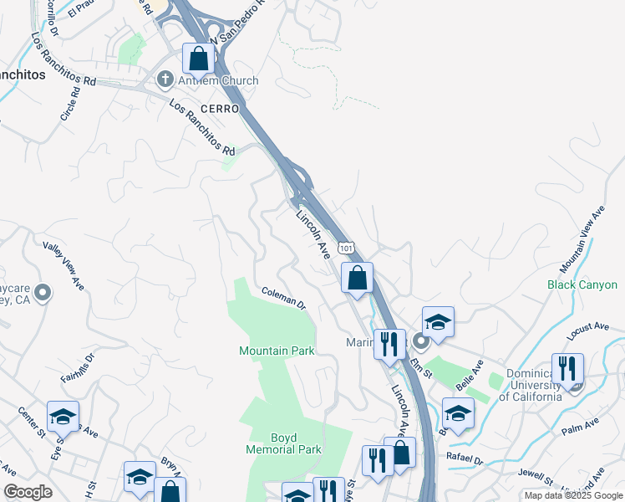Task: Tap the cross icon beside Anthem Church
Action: pos(164,80)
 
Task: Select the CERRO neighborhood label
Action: pos(219,110)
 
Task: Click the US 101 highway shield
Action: pos(346,248)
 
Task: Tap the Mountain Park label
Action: pos(277,351)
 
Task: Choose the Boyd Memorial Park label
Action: pos(283,443)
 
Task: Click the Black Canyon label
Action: pos(582,284)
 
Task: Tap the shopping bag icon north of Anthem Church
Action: pos(199,59)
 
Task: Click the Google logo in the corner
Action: pos(28,492)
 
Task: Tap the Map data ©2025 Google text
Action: pos(572,495)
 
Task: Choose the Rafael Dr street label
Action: pos(465,459)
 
